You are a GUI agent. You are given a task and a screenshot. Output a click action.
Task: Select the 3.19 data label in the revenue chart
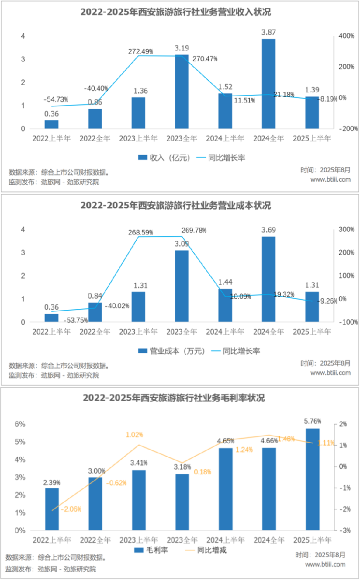click(x=182, y=48)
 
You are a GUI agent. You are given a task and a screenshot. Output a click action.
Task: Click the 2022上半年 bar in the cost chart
click(x=51, y=318)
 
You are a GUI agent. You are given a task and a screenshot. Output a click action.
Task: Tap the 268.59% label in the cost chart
click(x=140, y=232)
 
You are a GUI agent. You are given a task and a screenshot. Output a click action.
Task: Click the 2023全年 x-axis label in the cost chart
click(x=182, y=332)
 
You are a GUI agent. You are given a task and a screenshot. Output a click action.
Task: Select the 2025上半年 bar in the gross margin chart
click(x=312, y=479)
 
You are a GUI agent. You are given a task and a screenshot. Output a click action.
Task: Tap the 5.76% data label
click(x=312, y=421)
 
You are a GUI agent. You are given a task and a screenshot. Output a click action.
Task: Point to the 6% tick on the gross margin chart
click(x=19, y=424)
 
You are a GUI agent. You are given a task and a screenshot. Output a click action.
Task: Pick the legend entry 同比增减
click(x=211, y=550)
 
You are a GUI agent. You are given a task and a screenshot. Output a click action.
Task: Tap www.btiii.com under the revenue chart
click(x=330, y=179)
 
